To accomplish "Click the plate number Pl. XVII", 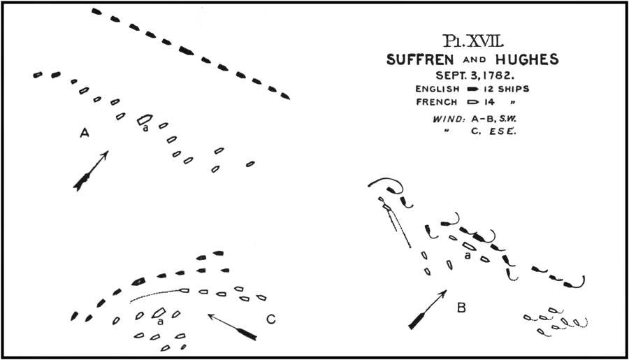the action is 473,41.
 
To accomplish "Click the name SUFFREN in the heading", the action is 420,60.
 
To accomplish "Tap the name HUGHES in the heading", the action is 527,59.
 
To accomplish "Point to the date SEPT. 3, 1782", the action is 475,75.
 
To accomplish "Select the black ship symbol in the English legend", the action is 473,89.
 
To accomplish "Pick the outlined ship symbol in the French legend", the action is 474,102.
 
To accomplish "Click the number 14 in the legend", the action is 489,102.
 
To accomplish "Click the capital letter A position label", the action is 85,132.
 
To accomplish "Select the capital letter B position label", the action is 461,308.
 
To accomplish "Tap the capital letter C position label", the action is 270,319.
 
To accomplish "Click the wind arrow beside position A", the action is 91,171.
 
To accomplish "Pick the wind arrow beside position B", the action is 428,310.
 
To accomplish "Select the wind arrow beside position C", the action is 232,327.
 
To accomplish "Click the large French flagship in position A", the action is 145,120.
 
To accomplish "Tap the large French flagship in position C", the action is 159,313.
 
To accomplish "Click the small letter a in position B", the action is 467,255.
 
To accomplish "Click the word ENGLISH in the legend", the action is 437,89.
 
